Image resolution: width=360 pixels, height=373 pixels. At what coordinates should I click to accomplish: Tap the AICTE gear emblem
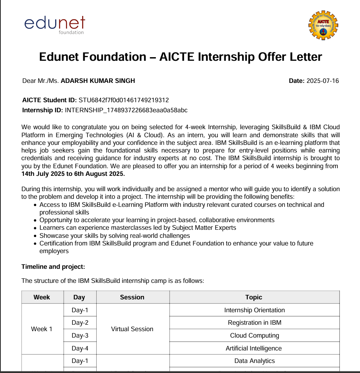tap(323, 25)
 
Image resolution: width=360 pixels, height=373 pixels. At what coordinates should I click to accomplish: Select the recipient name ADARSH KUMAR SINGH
tap(98, 80)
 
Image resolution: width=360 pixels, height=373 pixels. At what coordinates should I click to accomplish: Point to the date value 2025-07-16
tap(323, 80)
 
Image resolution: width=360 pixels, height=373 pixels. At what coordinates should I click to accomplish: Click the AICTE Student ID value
tap(124, 100)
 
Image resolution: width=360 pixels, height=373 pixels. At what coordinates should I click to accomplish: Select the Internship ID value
tap(126, 110)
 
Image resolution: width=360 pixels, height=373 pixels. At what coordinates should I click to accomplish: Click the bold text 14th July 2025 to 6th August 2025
tap(73, 174)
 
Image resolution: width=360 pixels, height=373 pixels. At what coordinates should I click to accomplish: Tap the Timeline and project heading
tap(53, 266)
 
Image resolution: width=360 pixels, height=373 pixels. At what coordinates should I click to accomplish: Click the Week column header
tap(42, 297)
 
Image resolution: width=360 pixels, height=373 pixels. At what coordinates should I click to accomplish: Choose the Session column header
tap(132, 297)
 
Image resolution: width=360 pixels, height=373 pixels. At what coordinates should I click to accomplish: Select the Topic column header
tap(254, 297)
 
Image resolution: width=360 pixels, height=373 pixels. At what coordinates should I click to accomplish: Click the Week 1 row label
tap(42, 329)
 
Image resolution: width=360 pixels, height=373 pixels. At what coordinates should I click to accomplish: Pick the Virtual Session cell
tap(132, 329)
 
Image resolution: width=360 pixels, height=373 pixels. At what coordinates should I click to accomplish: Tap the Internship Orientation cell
tap(254, 310)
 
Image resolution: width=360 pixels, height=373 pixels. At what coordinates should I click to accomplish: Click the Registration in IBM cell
tap(254, 323)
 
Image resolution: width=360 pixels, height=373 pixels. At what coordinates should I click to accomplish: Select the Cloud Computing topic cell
tap(254, 336)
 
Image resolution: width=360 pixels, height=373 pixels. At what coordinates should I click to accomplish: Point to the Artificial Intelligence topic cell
tap(254, 348)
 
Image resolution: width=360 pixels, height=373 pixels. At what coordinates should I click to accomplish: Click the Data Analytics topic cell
tap(254, 361)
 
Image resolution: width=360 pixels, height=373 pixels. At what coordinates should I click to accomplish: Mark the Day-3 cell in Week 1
tap(80, 336)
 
